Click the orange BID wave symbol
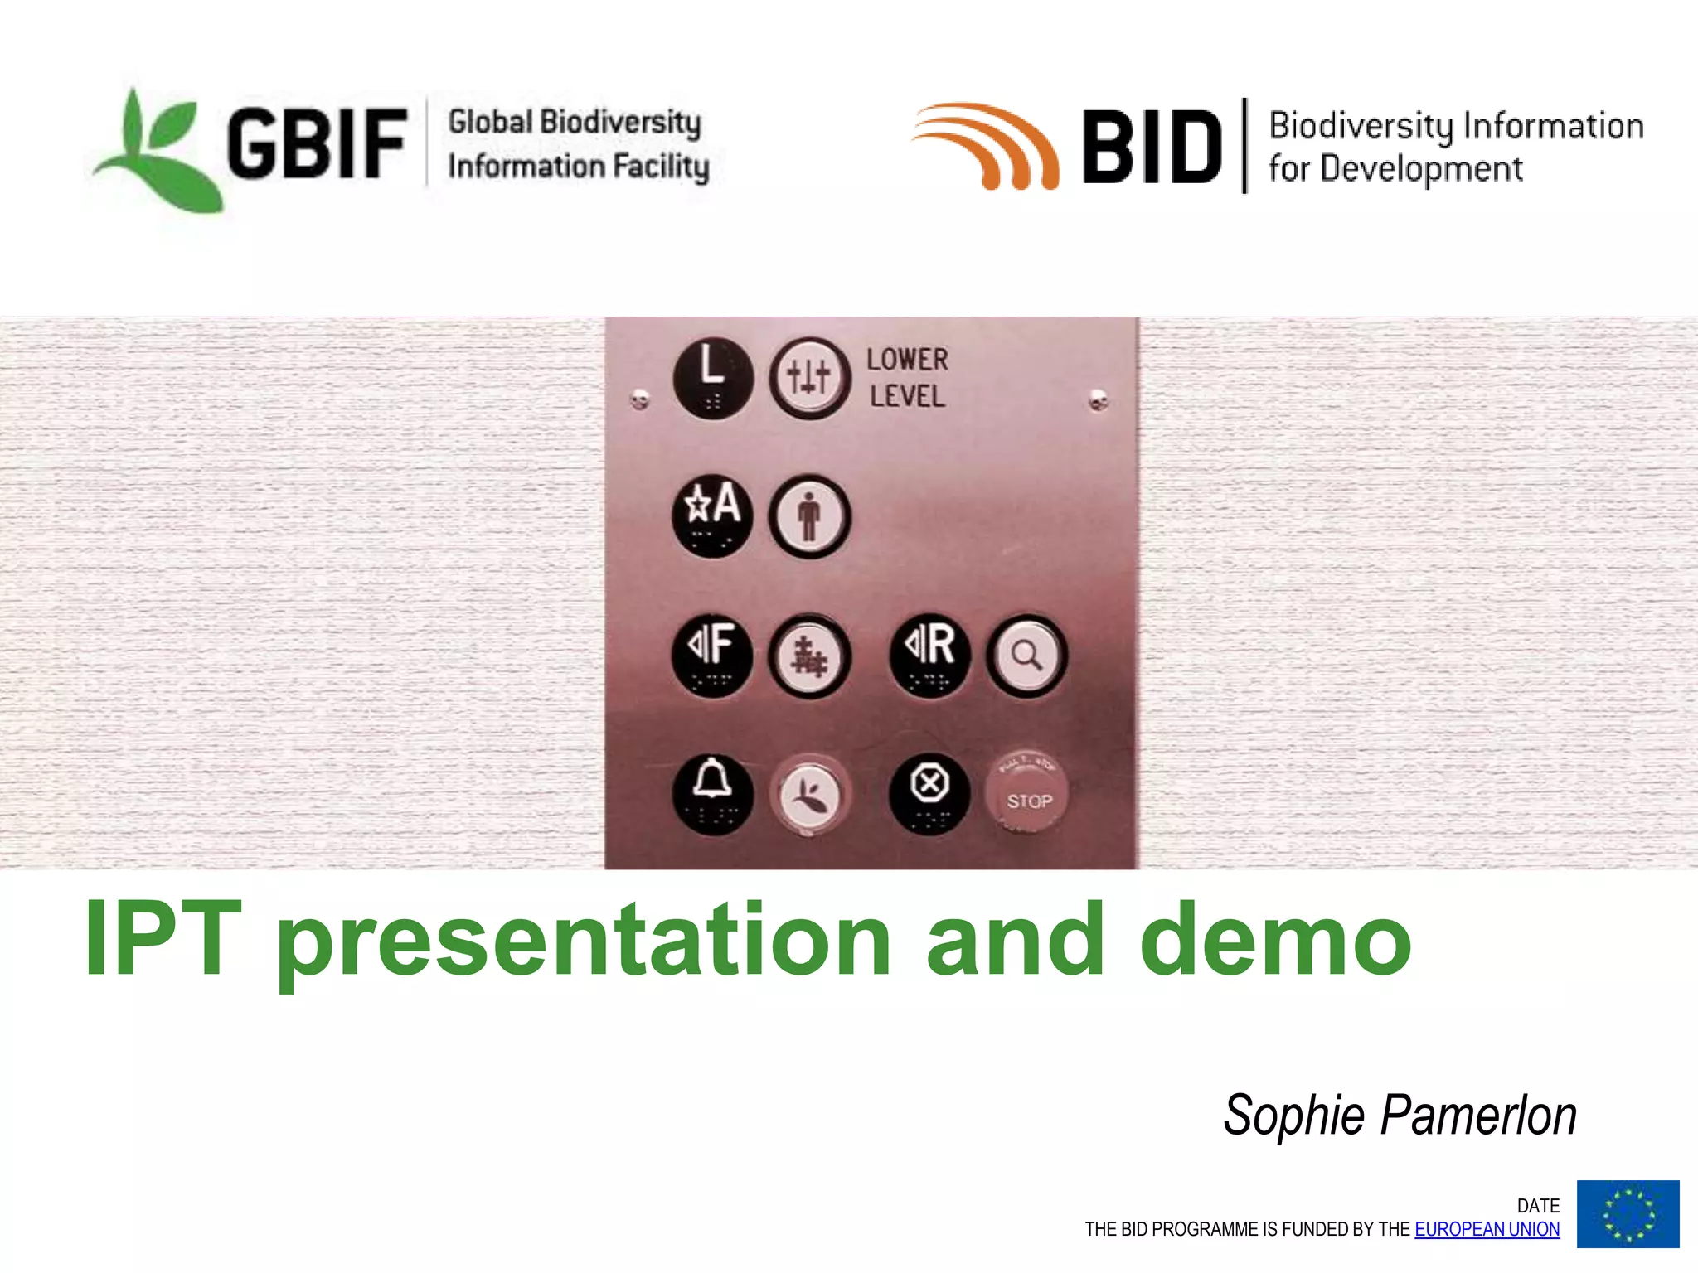tap(987, 146)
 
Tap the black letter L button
tap(712, 377)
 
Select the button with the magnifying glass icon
tap(1026, 656)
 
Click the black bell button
tap(712, 793)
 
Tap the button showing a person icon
tap(809, 515)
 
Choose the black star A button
tap(712, 514)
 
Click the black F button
tap(712, 655)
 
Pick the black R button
tap(929, 655)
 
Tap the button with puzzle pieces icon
tap(809, 656)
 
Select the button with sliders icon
tap(809, 378)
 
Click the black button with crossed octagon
tap(929, 793)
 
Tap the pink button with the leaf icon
tap(809, 794)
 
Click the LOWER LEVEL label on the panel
tap(907, 378)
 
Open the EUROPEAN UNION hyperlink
tap(1487, 1229)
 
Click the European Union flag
tap(1628, 1213)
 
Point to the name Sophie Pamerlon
tap(1400, 1116)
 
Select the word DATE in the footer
tap(1538, 1206)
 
